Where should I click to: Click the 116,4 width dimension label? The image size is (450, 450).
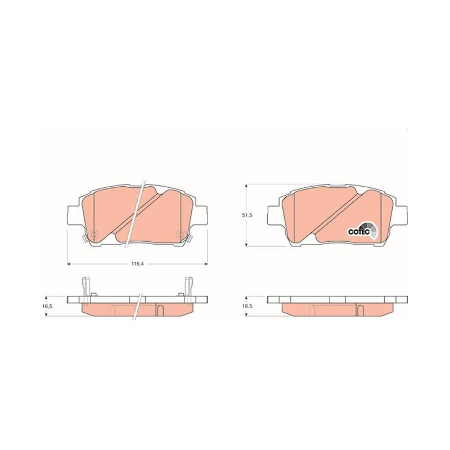(x=138, y=264)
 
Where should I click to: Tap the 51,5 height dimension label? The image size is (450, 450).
(x=247, y=215)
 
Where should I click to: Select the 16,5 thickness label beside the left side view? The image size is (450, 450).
(x=47, y=306)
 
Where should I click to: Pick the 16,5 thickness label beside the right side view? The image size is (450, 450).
(x=247, y=306)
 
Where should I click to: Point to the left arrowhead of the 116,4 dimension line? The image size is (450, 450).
(x=69, y=264)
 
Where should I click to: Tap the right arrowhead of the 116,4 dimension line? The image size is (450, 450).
(x=205, y=264)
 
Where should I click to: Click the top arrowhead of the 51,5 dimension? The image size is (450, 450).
(x=246, y=186)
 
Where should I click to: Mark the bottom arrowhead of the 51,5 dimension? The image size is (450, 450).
(x=246, y=244)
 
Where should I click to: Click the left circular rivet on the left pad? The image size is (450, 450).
(x=93, y=235)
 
